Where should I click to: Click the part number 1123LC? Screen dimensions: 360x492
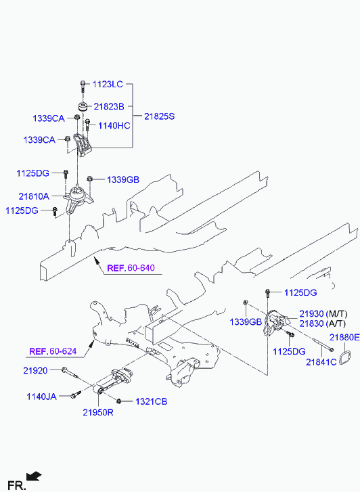click(x=108, y=84)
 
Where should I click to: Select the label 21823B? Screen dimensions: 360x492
click(x=109, y=107)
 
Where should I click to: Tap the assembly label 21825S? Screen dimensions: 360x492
click(x=159, y=116)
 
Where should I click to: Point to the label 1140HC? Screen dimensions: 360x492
click(x=114, y=126)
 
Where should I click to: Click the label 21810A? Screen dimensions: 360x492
click(x=34, y=196)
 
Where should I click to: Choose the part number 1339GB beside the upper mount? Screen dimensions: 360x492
click(x=123, y=180)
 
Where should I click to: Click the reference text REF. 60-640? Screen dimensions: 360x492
click(x=131, y=268)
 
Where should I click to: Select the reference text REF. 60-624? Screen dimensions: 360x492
click(x=53, y=351)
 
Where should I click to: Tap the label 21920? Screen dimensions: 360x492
click(x=35, y=371)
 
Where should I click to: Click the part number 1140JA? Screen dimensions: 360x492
click(x=41, y=397)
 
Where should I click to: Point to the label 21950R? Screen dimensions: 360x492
click(x=98, y=412)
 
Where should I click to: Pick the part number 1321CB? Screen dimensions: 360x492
click(x=152, y=401)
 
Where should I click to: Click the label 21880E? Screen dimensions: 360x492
click(x=344, y=337)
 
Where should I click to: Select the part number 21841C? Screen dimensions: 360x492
click(x=321, y=362)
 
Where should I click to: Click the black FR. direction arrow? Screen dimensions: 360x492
click(x=34, y=476)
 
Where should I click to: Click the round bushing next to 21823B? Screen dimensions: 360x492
click(x=83, y=106)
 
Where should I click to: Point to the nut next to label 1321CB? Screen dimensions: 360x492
click(x=119, y=401)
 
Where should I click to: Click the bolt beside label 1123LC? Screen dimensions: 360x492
click(x=83, y=87)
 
